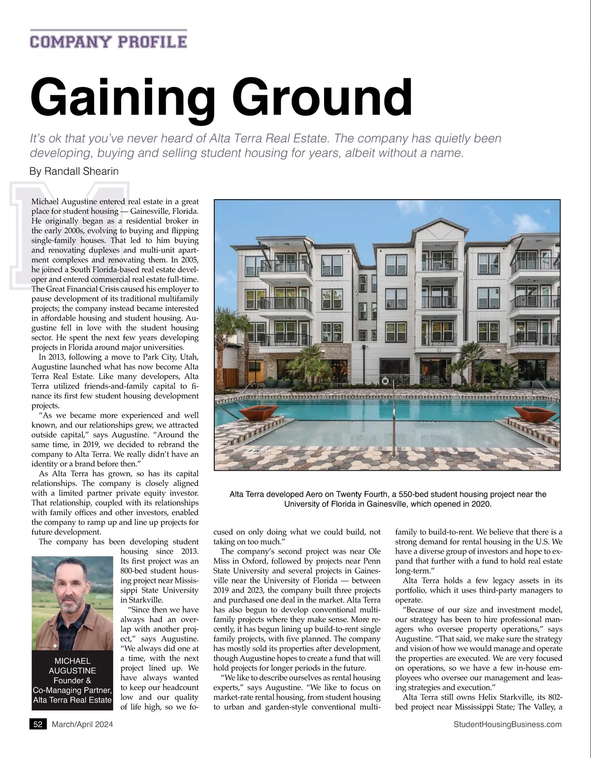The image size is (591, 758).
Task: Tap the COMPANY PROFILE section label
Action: tap(108, 41)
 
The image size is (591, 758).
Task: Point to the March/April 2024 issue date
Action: tap(82, 724)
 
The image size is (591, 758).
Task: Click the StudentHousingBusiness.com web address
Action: tap(508, 724)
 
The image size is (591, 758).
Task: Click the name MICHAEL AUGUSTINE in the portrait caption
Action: tap(72, 666)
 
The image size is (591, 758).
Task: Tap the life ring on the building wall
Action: tap(385, 380)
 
